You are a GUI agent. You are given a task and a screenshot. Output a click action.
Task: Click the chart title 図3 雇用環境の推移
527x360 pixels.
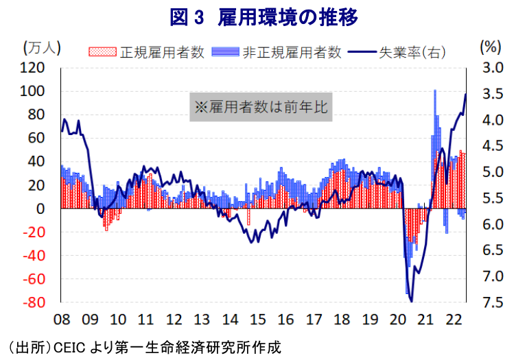click(x=263, y=16)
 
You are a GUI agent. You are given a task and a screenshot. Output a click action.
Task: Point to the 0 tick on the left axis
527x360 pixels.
click(x=41, y=208)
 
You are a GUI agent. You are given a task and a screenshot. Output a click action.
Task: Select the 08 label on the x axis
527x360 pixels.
click(x=61, y=319)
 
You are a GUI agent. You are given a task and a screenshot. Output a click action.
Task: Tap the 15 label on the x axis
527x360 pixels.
click(x=257, y=319)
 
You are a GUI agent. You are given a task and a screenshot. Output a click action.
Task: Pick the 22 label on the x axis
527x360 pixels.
click(x=454, y=319)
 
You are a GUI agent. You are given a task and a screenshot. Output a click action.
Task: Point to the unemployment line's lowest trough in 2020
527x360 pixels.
click(x=411, y=300)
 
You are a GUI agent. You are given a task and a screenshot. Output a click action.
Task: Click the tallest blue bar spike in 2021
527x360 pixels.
click(x=435, y=91)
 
